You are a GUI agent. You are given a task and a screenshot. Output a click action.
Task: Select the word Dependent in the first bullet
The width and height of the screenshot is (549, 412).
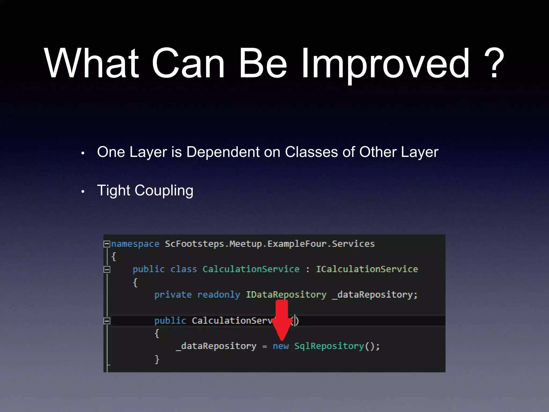[x=223, y=152]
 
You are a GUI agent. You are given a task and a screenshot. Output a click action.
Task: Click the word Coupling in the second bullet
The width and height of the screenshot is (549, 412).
[x=164, y=191]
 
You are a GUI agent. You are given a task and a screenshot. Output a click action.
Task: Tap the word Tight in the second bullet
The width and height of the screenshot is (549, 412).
[x=114, y=191]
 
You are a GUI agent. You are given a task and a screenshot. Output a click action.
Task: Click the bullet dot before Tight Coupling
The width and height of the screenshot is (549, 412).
[x=83, y=192]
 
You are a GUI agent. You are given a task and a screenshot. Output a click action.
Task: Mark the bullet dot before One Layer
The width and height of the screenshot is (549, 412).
[x=83, y=153]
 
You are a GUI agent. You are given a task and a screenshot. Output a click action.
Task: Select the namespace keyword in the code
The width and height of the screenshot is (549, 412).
[x=135, y=244]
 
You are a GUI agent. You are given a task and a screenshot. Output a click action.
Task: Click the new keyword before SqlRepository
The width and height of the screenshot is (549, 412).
[x=281, y=346]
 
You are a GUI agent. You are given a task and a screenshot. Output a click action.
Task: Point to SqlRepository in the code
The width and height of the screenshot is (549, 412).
[x=329, y=346]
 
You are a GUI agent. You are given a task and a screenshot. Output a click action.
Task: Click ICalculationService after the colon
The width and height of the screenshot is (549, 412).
[x=367, y=269]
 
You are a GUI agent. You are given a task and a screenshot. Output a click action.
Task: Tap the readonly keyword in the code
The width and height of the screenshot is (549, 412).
[x=219, y=295]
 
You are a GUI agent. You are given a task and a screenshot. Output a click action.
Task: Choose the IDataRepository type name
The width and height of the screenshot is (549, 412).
[x=286, y=295]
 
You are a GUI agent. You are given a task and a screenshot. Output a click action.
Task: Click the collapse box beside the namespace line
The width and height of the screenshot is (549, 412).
[x=107, y=244]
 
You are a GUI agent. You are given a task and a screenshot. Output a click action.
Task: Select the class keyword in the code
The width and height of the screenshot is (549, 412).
[x=184, y=269]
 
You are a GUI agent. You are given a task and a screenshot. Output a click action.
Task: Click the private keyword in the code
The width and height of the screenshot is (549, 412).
[x=173, y=295]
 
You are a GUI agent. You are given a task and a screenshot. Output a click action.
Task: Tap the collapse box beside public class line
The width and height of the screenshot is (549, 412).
[x=107, y=269]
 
